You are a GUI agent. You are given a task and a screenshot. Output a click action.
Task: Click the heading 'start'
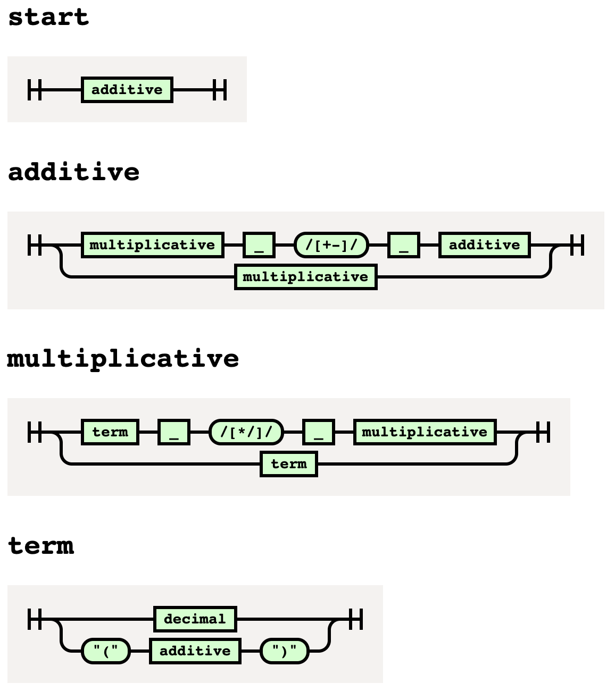[48, 17]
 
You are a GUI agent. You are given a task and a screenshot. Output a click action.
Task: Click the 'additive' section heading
[74, 172]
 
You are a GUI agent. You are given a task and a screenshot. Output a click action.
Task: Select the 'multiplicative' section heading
[123, 359]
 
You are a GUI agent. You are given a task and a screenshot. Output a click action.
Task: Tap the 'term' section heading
[41, 546]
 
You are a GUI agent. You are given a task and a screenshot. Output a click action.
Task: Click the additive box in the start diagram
[127, 89]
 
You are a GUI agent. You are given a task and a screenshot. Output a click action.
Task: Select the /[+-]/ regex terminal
[331, 245]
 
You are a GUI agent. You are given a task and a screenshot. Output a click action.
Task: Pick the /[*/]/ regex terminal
[246, 432]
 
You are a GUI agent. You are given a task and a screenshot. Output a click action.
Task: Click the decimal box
[195, 619]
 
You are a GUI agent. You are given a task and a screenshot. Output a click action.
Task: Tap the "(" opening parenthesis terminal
[105, 651]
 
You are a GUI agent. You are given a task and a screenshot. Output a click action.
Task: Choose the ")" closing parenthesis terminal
[284, 651]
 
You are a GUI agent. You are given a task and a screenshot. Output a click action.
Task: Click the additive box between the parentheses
[195, 651]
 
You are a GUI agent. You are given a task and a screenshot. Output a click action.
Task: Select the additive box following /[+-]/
[484, 245]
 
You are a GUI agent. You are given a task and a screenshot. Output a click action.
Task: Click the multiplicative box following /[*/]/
[425, 432]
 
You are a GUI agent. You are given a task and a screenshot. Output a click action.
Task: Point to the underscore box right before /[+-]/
[259, 245]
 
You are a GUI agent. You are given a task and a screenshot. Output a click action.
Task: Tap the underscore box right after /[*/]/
[319, 432]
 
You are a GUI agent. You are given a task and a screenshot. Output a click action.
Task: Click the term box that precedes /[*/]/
[110, 432]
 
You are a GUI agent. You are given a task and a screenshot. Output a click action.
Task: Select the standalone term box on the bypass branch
[289, 464]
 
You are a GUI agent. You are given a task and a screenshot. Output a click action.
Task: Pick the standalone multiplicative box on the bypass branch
[306, 277]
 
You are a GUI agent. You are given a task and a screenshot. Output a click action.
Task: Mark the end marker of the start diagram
[220, 89]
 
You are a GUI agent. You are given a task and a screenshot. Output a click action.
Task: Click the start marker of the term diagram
[35, 619]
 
